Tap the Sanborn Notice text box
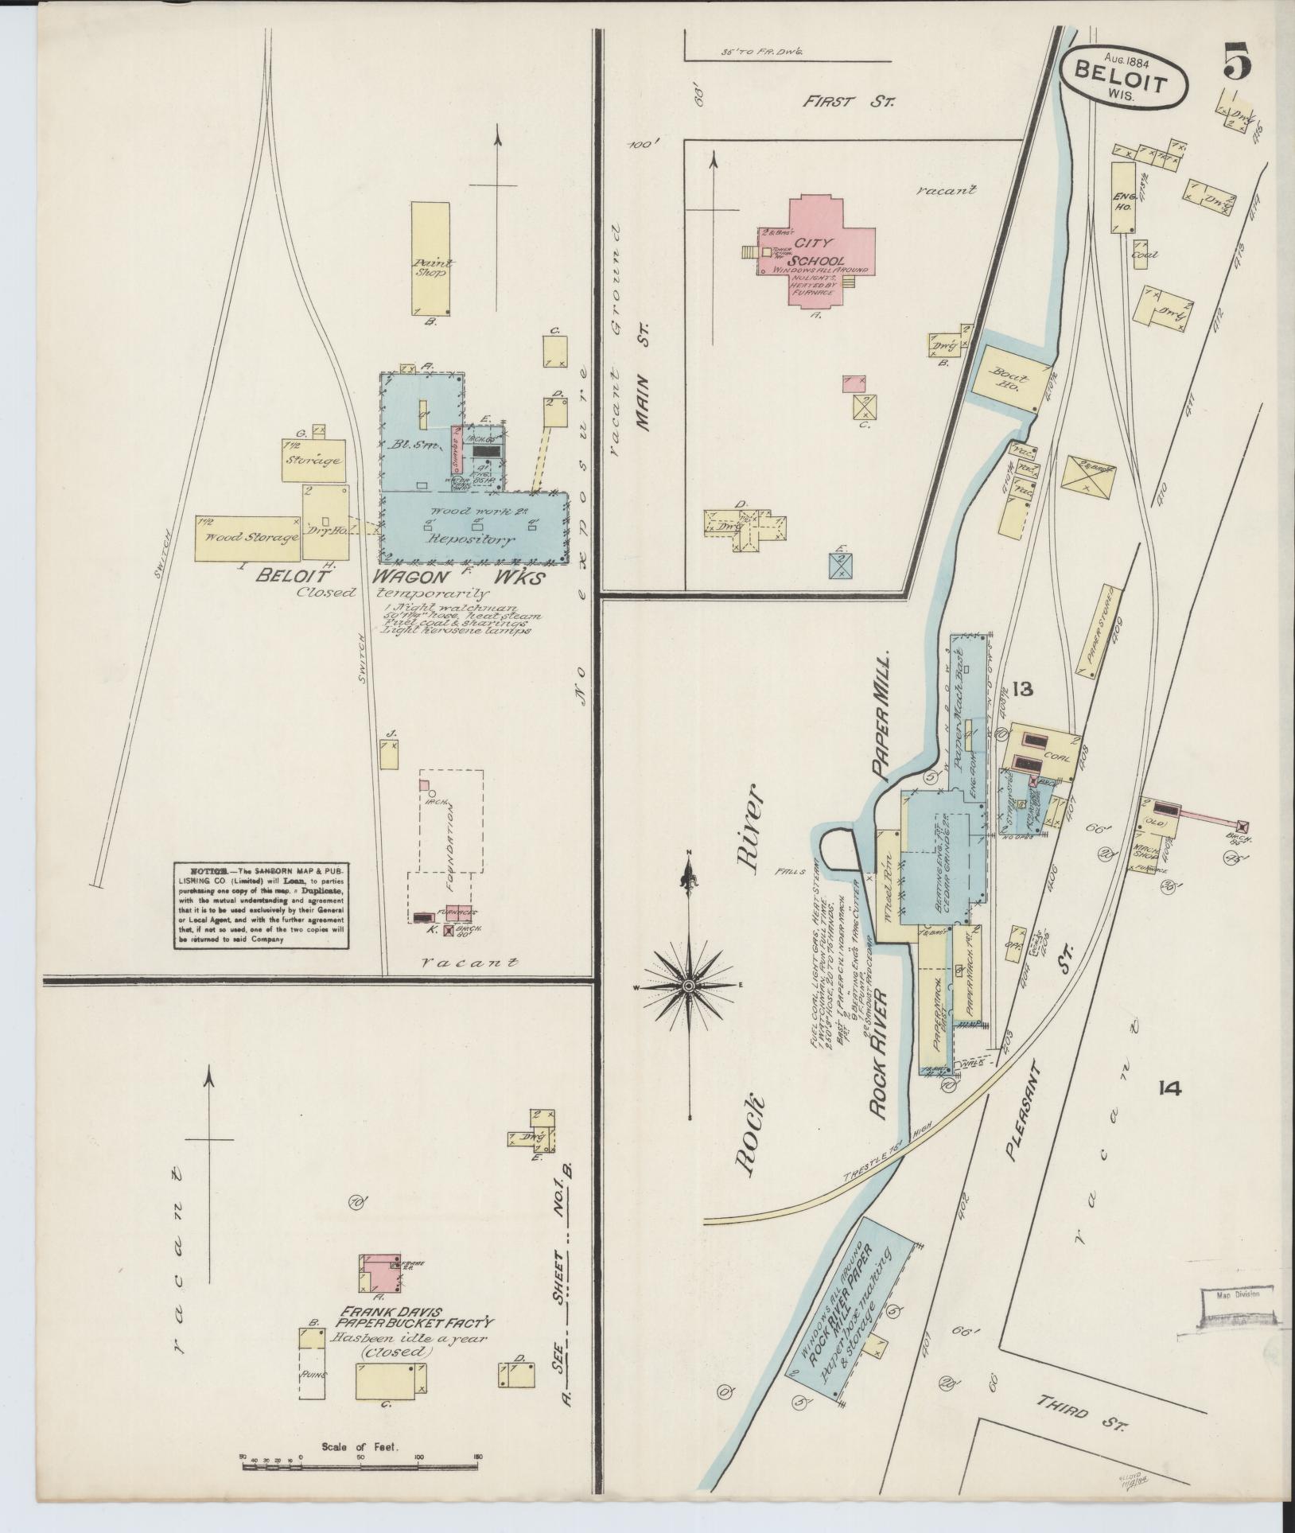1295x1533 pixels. (262, 905)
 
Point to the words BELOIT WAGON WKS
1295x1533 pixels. (398, 578)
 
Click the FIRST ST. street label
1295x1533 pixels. (848, 102)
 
